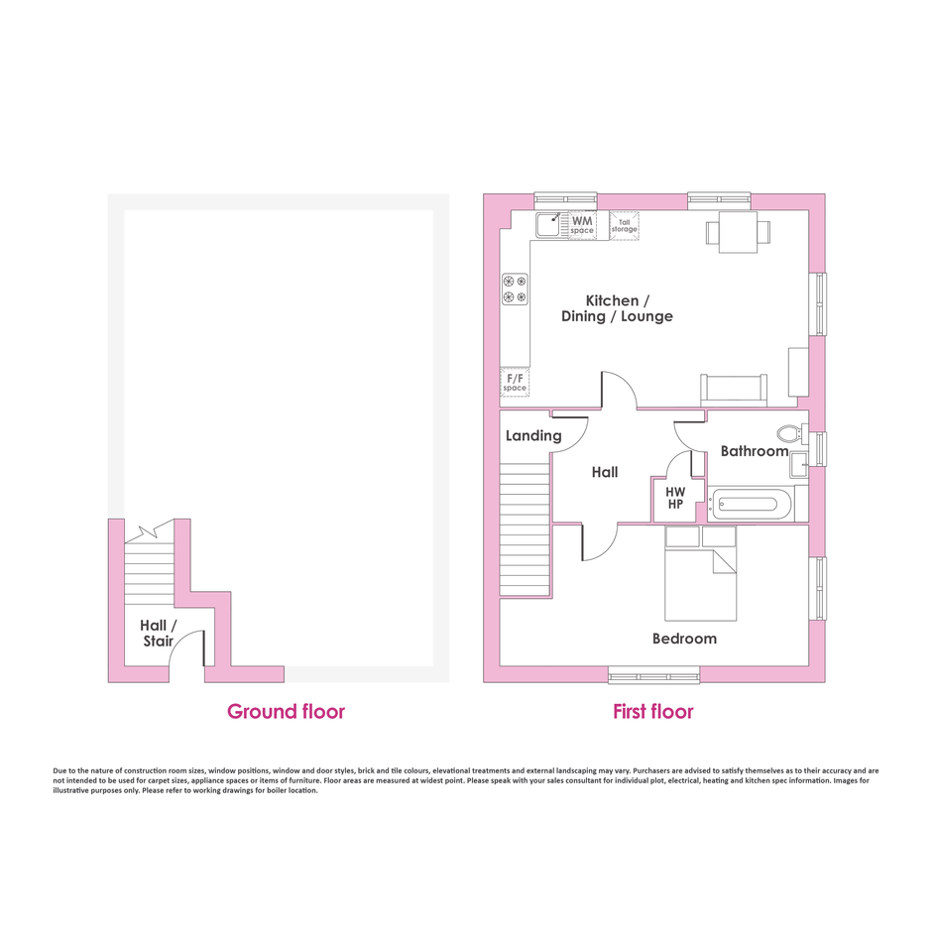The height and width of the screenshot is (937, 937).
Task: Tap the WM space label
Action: click(x=582, y=225)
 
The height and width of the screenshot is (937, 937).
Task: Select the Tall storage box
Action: click(x=624, y=226)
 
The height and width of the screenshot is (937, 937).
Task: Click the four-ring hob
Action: click(x=515, y=290)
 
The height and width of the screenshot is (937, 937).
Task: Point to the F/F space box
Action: click(x=515, y=383)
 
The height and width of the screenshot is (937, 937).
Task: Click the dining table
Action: click(x=738, y=232)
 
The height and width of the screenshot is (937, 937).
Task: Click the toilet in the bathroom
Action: click(x=792, y=433)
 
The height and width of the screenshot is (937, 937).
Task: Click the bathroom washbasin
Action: click(x=799, y=465)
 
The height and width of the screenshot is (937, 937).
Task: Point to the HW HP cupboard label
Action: click(x=675, y=498)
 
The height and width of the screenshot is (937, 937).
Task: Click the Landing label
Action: click(x=533, y=435)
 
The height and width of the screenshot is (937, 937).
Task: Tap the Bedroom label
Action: click(x=684, y=639)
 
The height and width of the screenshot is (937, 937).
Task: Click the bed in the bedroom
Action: click(x=700, y=574)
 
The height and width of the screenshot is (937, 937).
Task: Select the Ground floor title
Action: click(x=286, y=711)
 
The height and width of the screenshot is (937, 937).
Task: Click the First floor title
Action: click(x=653, y=711)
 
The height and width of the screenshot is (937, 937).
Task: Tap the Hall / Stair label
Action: click(x=159, y=634)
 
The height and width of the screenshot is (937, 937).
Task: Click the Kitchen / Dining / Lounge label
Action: click(x=617, y=308)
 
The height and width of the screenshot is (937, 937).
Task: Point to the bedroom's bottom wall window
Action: click(x=653, y=675)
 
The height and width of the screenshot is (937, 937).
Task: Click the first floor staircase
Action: click(x=525, y=530)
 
